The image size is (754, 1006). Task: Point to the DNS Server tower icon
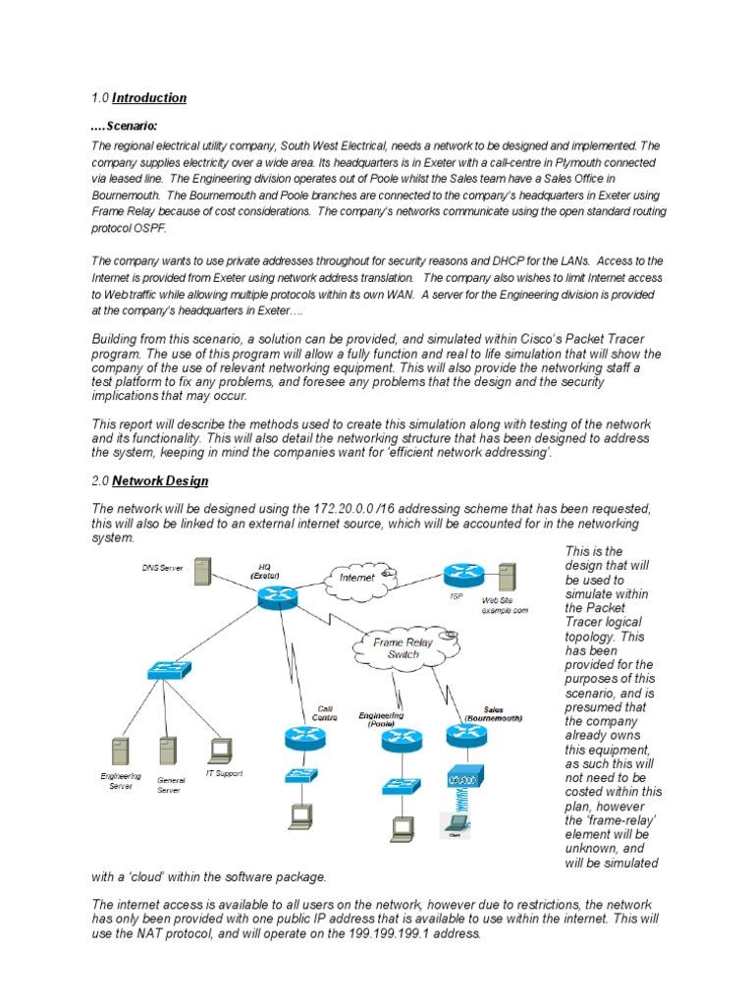pos(202,573)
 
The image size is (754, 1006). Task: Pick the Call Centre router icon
pos(297,738)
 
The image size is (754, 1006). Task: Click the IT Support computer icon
pos(219,750)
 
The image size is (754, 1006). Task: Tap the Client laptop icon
pos(455,822)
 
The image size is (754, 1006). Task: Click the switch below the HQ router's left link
pos(165,672)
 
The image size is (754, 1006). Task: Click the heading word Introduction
pos(148,98)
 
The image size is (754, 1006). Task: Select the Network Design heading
pos(159,481)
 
